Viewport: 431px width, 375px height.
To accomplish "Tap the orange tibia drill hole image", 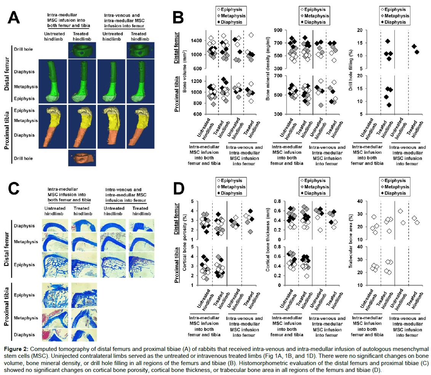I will [x=81, y=158].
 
